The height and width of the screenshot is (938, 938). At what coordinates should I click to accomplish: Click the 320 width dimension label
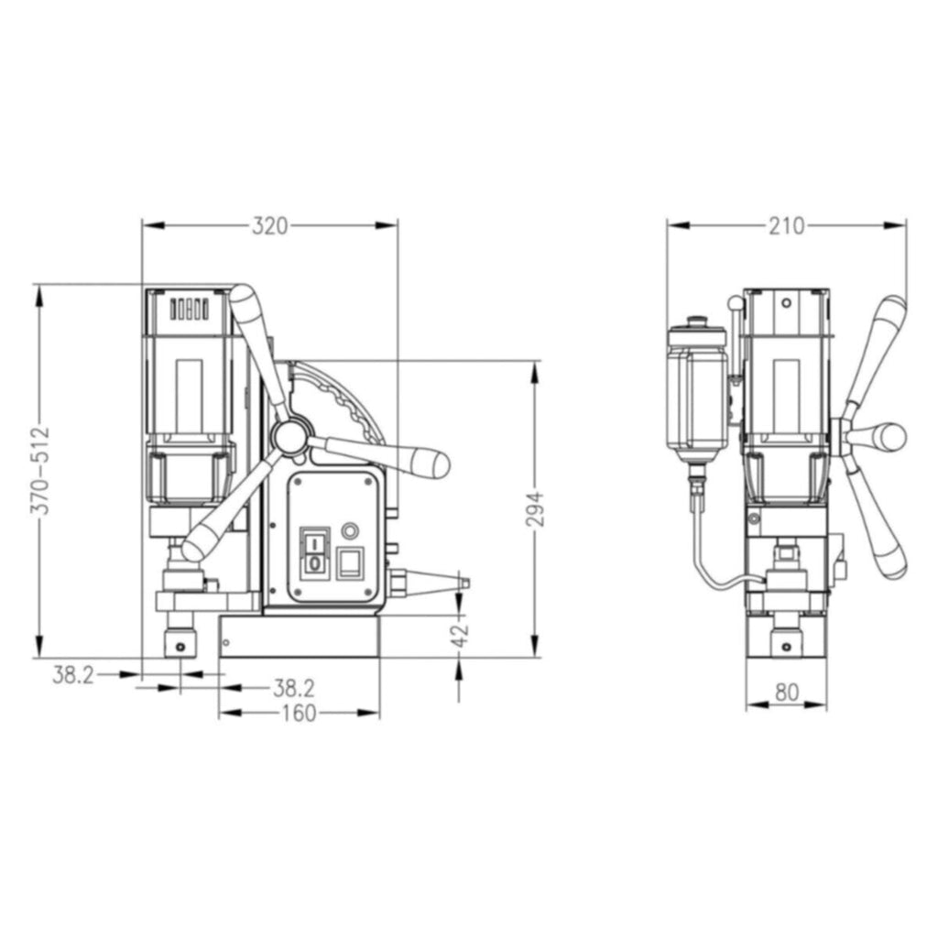click(270, 226)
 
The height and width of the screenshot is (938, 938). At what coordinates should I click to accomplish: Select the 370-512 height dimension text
click(40, 471)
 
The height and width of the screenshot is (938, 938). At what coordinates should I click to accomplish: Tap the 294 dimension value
click(536, 509)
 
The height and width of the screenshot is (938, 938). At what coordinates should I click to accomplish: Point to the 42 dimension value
click(460, 637)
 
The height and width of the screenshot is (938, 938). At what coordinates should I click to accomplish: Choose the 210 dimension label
click(786, 226)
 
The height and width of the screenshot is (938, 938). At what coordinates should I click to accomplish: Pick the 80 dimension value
click(787, 693)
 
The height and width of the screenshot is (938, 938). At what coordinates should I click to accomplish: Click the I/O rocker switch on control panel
click(315, 552)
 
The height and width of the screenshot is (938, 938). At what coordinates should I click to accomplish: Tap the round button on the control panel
click(350, 530)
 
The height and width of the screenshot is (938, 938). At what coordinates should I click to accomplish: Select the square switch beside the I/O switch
click(350, 563)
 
